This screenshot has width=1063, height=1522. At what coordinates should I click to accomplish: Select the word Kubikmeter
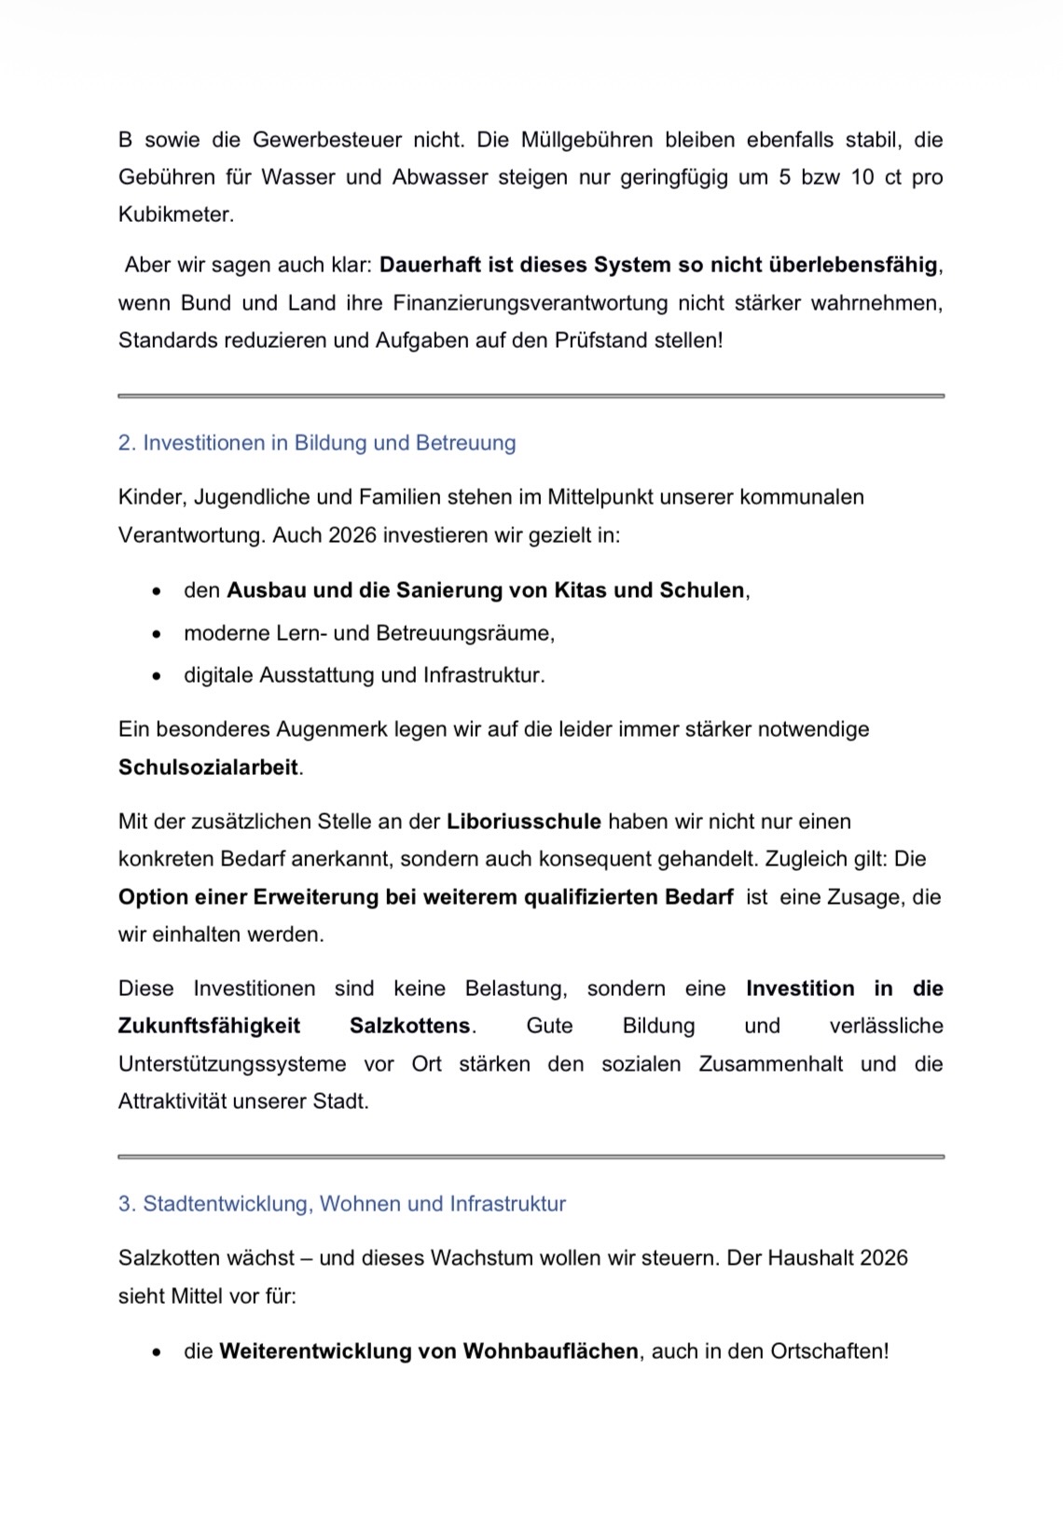click(174, 214)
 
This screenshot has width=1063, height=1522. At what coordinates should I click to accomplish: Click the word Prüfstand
click(601, 340)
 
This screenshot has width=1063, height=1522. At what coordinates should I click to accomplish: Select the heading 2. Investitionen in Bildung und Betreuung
click(317, 443)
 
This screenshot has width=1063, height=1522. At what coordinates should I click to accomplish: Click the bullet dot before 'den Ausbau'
click(157, 591)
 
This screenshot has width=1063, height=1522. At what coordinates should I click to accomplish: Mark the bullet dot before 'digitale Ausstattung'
click(157, 676)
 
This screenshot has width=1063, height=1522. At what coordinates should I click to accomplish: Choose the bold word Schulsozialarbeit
click(208, 768)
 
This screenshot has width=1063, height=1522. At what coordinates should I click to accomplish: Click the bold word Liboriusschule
click(524, 822)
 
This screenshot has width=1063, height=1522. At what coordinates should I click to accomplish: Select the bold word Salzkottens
click(409, 1026)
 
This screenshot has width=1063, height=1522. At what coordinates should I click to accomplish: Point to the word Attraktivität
click(173, 1101)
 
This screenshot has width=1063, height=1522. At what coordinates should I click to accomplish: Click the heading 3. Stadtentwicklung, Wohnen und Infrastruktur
click(342, 1204)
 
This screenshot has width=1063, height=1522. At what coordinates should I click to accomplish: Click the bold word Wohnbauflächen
click(550, 1351)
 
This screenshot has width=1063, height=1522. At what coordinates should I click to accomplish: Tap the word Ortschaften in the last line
click(827, 1351)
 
